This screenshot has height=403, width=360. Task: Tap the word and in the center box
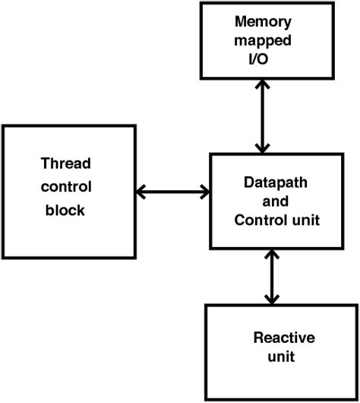tap(272, 203)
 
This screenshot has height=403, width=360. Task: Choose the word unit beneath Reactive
tap(283, 357)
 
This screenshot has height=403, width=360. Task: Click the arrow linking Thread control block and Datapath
tap(172, 191)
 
